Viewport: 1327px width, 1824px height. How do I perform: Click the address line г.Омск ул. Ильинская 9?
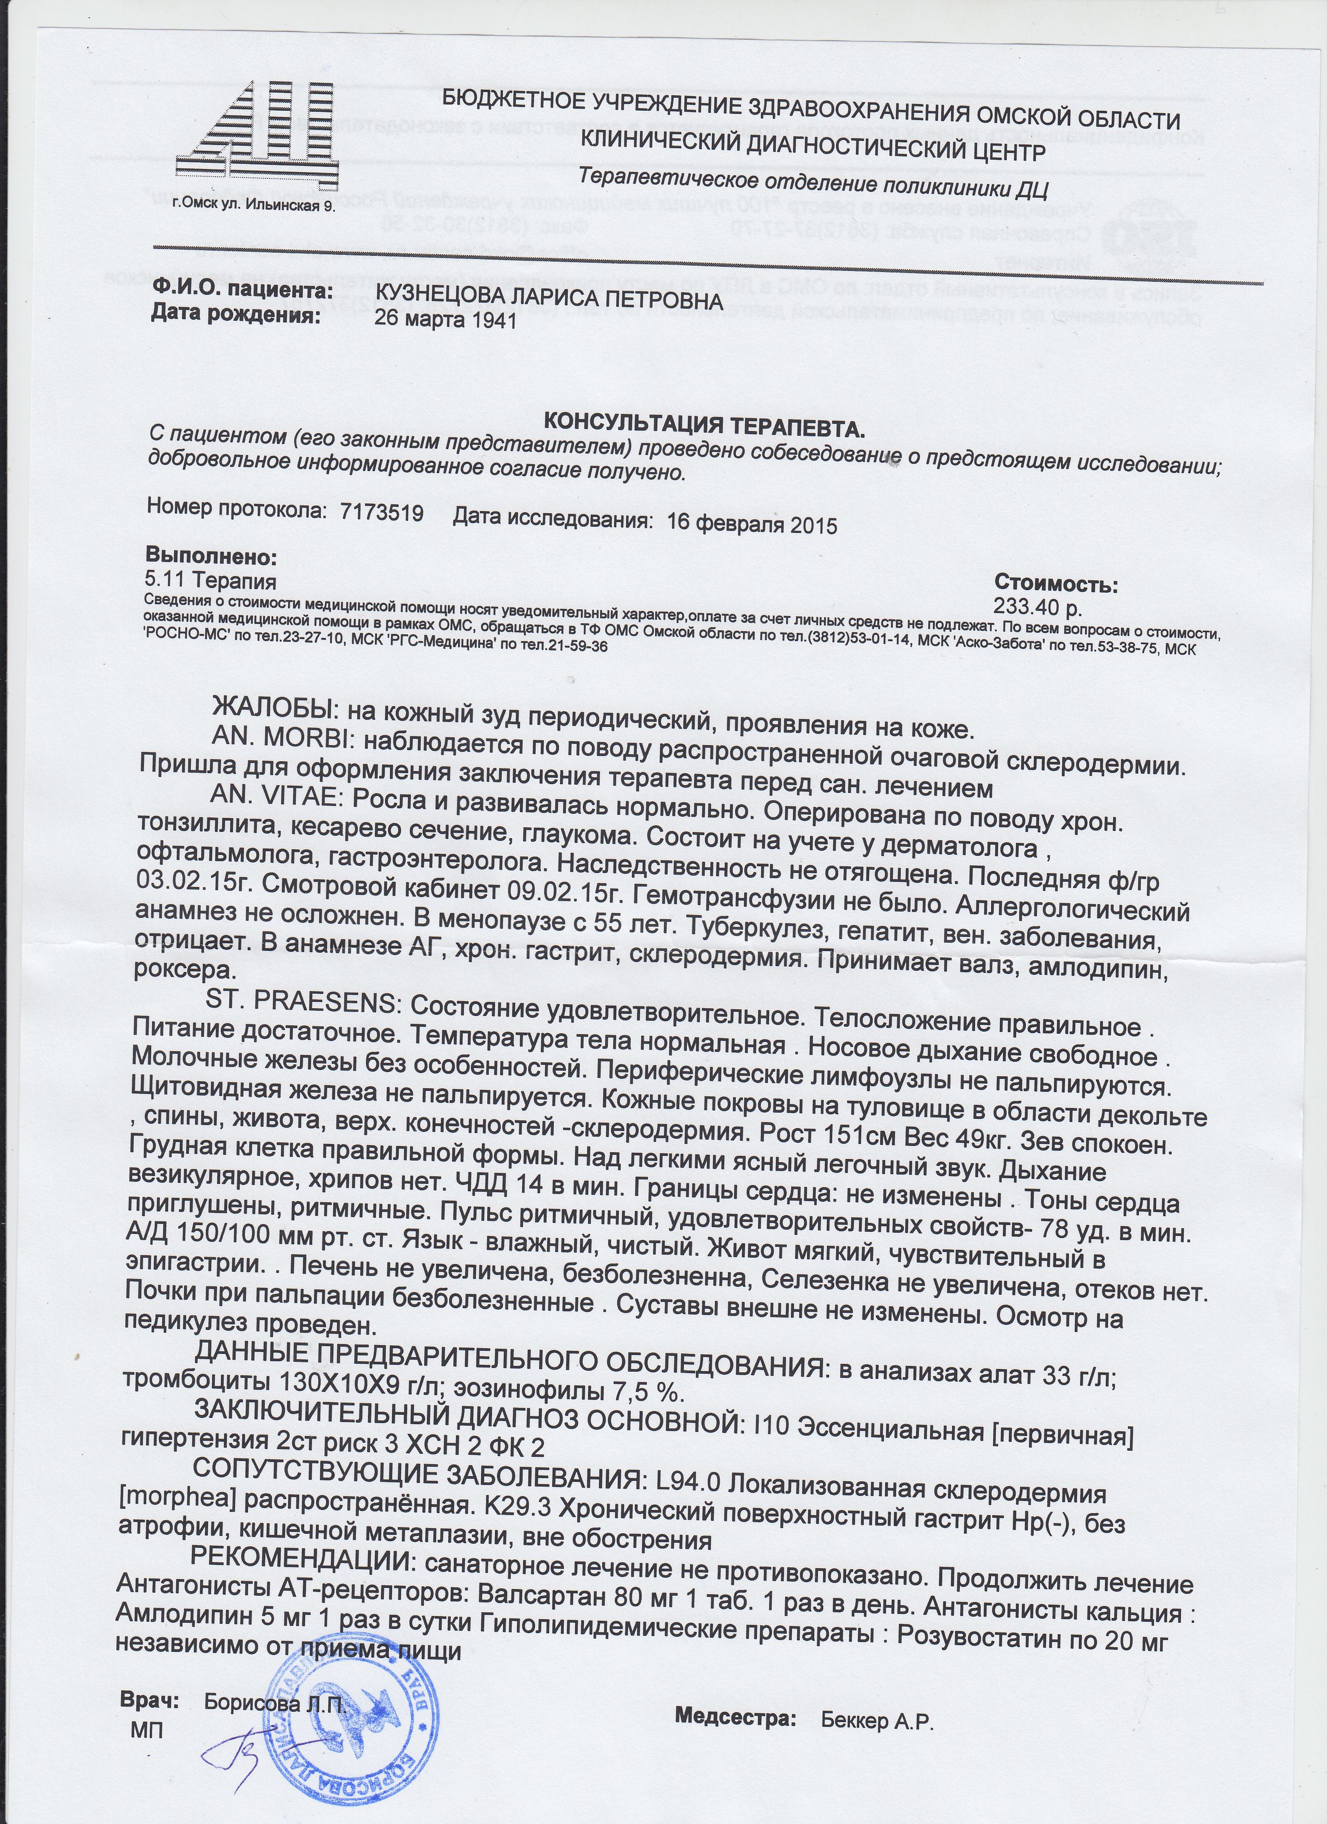(x=254, y=206)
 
